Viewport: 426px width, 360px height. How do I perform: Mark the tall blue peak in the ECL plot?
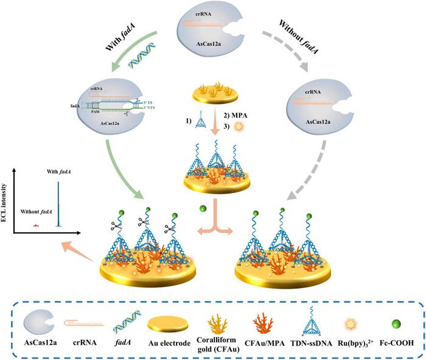coord(59,202)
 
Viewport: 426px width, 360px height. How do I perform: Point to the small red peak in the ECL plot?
coord(37,225)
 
